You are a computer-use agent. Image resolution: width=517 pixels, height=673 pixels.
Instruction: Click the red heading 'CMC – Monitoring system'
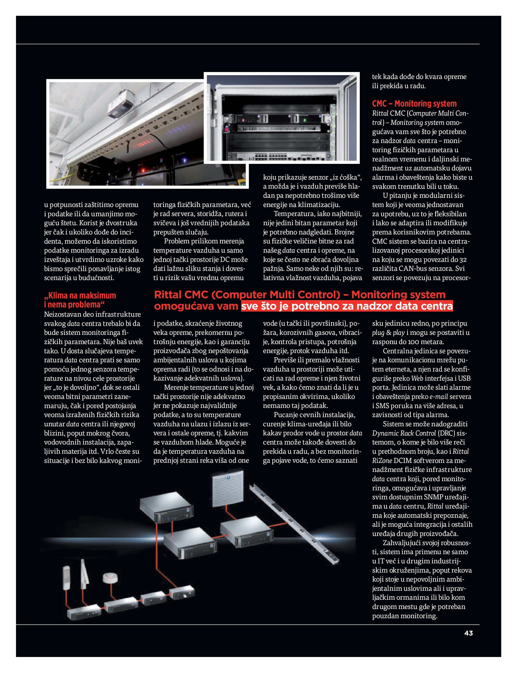414,104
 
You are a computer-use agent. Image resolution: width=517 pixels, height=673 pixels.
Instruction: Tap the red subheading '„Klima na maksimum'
80,295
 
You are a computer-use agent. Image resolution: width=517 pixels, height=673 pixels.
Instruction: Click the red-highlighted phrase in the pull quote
347,306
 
